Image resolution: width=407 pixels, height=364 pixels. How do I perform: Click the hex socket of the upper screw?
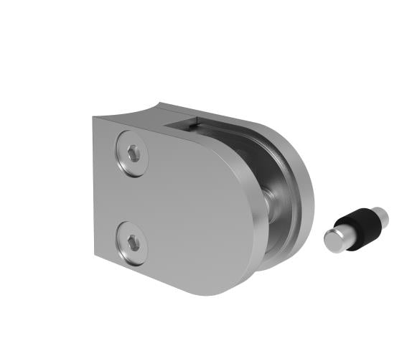point(134,154)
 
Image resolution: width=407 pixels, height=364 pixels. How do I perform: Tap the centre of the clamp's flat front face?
point(187,208)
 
